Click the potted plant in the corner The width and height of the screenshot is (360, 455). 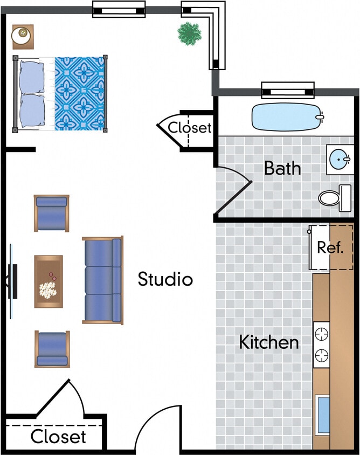(x=189, y=33)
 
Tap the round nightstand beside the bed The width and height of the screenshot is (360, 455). (x=23, y=36)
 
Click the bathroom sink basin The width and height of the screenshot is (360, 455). (x=340, y=159)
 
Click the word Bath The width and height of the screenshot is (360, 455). (x=282, y=168)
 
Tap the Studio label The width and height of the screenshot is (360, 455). (x=165, y=279)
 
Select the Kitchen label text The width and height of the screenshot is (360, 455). (x=268, y=342)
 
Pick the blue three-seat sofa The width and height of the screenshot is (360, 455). (x=102, y=280)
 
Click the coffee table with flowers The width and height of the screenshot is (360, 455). (x=49, y=281)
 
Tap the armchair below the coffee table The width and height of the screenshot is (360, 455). (x=52, y=349)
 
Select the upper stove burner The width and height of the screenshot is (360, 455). (x=321, y=333)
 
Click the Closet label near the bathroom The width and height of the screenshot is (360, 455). (x=190, y=128)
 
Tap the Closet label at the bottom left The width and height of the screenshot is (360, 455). (x=58, y=436)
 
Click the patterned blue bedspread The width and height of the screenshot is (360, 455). (x=79, y=93)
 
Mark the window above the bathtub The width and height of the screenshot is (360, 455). (x=287, y=89)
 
